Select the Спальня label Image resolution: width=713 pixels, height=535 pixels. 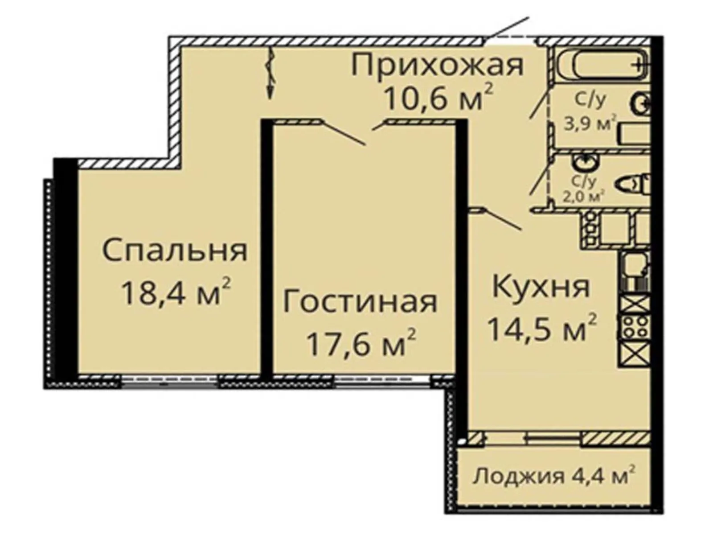point(175,251)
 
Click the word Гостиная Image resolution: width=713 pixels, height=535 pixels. point(360,302)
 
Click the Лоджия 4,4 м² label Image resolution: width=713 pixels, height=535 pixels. point(554,477)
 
